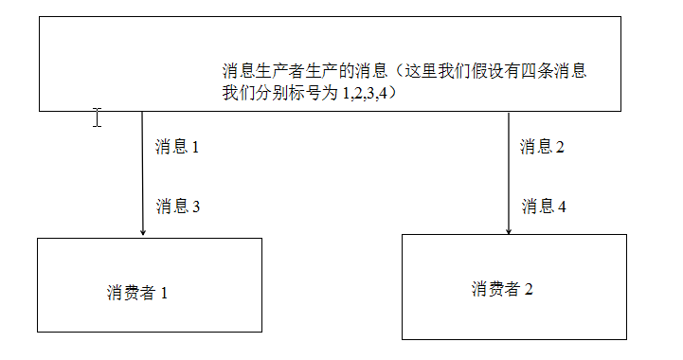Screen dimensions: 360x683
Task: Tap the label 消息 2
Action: [x=542, y=147]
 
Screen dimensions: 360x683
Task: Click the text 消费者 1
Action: [x=137, y=293]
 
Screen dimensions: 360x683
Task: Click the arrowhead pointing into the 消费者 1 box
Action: [x=143, y=230]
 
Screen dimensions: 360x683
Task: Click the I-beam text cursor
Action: [x=97, y=117]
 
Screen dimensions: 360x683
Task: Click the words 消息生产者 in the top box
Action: [x=261, y=72]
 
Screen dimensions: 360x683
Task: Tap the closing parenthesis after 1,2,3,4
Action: [x=388, y=93]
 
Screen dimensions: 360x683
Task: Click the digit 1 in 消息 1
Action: [x=196, y=148]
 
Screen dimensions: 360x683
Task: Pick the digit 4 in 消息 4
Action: [x=563, y=207]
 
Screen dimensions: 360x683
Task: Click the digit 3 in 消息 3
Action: [x=196, y=207]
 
